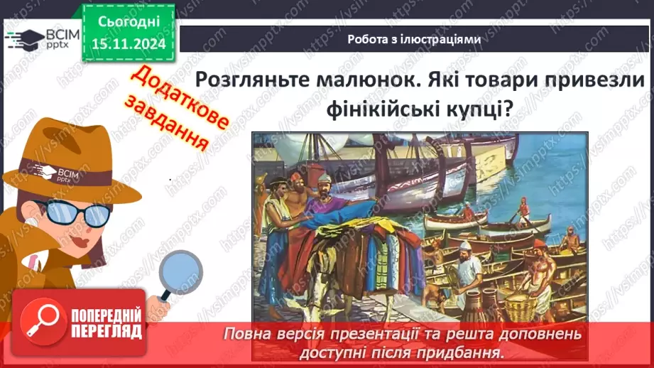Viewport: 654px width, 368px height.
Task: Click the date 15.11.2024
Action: (x=129, y=44)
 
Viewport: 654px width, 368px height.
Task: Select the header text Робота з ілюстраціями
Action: (x=414, y=39)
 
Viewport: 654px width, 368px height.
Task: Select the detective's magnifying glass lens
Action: (x=180, y=271)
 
